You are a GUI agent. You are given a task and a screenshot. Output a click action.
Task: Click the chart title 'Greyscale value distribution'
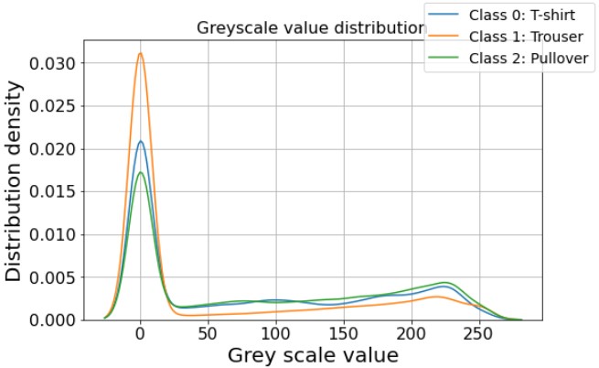(311, 28)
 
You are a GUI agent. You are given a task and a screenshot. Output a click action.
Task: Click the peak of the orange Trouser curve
(140, 53)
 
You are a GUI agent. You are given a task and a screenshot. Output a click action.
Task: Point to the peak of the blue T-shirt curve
(140, 141)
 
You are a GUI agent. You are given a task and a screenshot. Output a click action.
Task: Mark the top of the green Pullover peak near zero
(140, 172)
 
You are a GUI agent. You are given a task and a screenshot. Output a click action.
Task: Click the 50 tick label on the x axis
(209, 334)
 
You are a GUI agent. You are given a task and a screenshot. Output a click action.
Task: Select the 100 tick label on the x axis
(276, 334)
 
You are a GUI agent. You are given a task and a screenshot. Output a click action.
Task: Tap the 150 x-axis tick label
(344, 334)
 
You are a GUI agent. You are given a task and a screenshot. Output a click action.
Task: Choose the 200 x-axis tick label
(412, 334)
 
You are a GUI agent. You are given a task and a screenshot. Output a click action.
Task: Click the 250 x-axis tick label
(480, 334)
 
